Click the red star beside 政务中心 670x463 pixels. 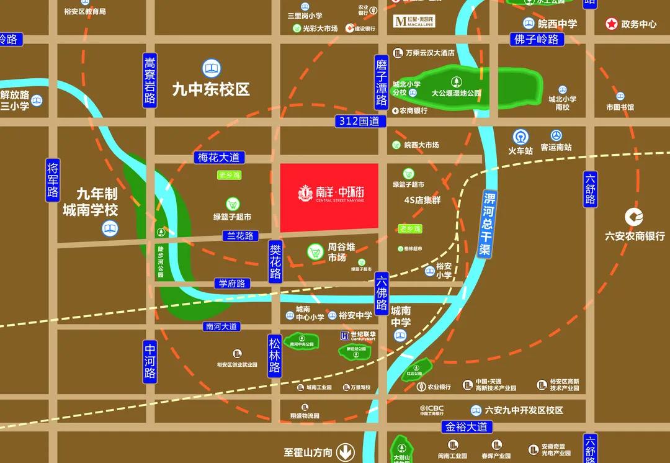click(x=612, y=24)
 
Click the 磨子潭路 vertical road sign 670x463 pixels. click(x=382, y=83)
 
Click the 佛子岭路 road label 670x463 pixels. click(x=537, y=40)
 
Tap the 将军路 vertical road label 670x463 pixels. click(x=53, y=180)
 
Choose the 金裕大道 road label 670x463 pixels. click(x=468, y=427)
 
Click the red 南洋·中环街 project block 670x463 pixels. click(x=329, y=197)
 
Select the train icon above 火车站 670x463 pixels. click(x=520, y=136)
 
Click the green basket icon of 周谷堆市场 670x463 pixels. click(x=316, y=252)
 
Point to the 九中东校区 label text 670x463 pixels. click(x=211, y=89)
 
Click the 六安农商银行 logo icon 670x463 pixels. click(x=634, y=217)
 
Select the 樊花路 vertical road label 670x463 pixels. click(x=275, y=262)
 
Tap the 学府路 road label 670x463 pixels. click(x=232, y=284)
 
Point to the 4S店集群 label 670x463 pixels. click(x=422, y=200)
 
